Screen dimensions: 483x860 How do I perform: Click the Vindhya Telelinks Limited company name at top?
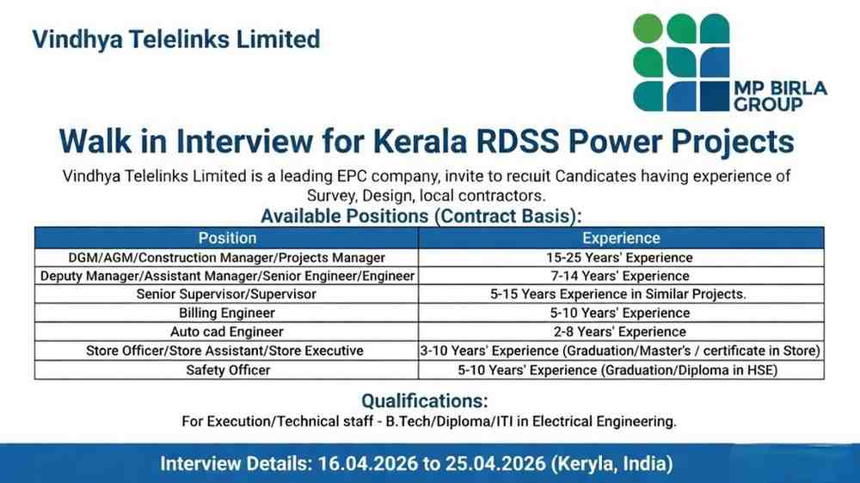[175, 40]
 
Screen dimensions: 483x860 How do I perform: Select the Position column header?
[227, 238]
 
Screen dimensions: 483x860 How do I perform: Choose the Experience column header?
[621, 238]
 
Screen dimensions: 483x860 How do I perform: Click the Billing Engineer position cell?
[227, 313]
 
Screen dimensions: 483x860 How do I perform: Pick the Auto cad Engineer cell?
[227, 332]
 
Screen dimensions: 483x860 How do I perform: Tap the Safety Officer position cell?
[227, 370]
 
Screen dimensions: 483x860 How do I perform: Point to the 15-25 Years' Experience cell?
[621, 257]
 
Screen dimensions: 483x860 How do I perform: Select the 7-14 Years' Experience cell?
[621, 276]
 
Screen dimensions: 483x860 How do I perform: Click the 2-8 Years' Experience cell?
[621, 332]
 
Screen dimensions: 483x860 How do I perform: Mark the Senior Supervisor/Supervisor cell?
[227, 294]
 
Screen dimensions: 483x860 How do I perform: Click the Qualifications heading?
[425, 400]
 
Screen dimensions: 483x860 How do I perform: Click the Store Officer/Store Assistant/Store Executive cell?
[227, 351]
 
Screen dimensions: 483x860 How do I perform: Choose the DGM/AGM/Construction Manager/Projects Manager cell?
[227, 257]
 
